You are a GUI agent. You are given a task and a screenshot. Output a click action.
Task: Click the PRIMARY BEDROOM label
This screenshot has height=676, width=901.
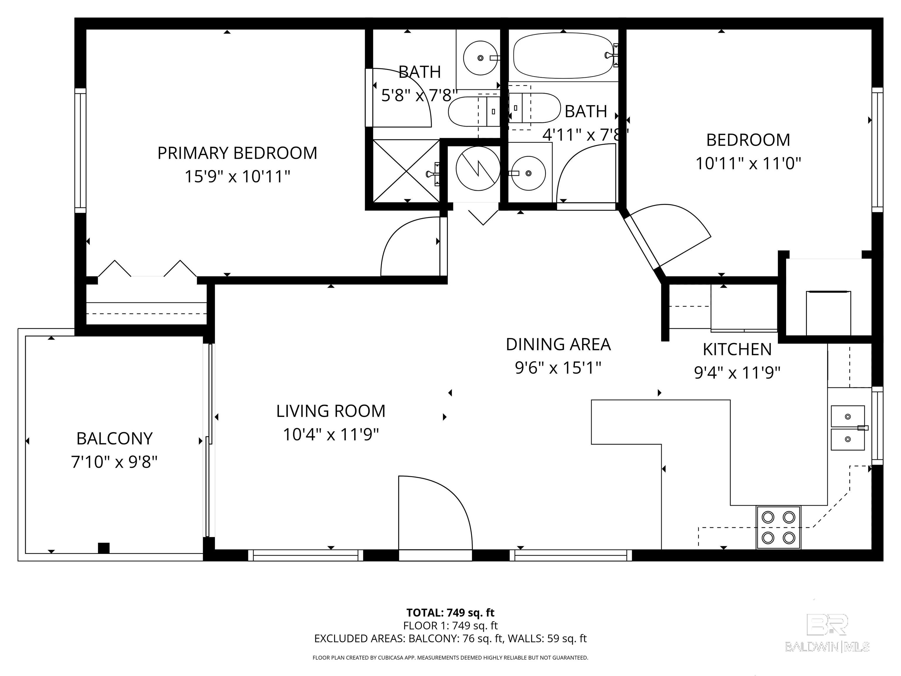(237, 153)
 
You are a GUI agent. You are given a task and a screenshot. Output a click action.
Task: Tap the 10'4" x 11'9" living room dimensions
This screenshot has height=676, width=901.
(331, 434)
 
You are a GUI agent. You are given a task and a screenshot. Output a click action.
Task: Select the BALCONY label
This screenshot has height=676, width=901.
(114, 438)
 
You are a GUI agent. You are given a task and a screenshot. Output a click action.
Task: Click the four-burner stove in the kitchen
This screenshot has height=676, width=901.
(778, 528)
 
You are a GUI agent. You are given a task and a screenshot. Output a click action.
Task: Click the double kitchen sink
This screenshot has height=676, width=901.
(847, 427)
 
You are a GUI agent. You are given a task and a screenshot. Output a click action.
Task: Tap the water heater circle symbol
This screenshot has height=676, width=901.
(478, 168)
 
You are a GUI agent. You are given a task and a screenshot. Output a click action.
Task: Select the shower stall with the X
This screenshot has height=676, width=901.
(406, 171)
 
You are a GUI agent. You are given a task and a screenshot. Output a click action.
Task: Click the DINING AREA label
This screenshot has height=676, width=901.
(558, 344)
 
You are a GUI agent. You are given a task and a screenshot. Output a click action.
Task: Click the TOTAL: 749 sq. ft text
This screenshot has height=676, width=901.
(450, 612)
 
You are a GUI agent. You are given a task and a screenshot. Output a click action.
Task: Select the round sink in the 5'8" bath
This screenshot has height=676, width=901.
(480, 58)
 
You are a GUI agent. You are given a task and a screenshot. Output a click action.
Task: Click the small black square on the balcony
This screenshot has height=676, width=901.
(104, 548)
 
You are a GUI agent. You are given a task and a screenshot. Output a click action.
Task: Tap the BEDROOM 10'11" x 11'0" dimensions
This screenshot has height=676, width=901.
(748, 164)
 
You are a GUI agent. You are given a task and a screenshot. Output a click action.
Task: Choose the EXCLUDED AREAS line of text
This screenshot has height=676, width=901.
(450, 638)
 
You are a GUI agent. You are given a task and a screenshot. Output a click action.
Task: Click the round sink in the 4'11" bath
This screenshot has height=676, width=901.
(528, 173)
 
